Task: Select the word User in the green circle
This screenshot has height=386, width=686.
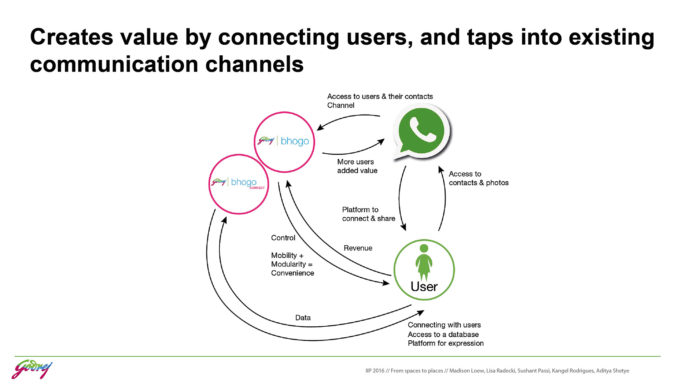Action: click(424, 287)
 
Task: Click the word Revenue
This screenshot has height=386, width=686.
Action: click(358, 248)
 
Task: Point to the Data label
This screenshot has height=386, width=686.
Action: click(303, 318)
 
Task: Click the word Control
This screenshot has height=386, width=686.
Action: click(283, 238)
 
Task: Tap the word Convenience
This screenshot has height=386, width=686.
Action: click(292, 273)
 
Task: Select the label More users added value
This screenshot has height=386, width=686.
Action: click(357, 166)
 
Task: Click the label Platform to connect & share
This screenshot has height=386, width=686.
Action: click(368, 214)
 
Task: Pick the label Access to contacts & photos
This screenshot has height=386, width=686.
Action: click(478, 178)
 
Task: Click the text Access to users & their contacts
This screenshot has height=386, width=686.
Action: click(380, 96)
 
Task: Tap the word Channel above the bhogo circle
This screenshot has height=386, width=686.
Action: click(340, 105)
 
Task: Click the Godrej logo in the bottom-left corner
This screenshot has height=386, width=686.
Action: click(32, 370)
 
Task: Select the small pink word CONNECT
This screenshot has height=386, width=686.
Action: click(257, 188)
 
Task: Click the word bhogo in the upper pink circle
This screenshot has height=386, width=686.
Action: click(295, 141)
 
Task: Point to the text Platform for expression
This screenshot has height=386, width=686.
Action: click(446, 343)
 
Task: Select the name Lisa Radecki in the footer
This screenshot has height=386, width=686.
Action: click(501, 371)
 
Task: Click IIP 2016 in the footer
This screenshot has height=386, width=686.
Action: click(374, 371)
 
